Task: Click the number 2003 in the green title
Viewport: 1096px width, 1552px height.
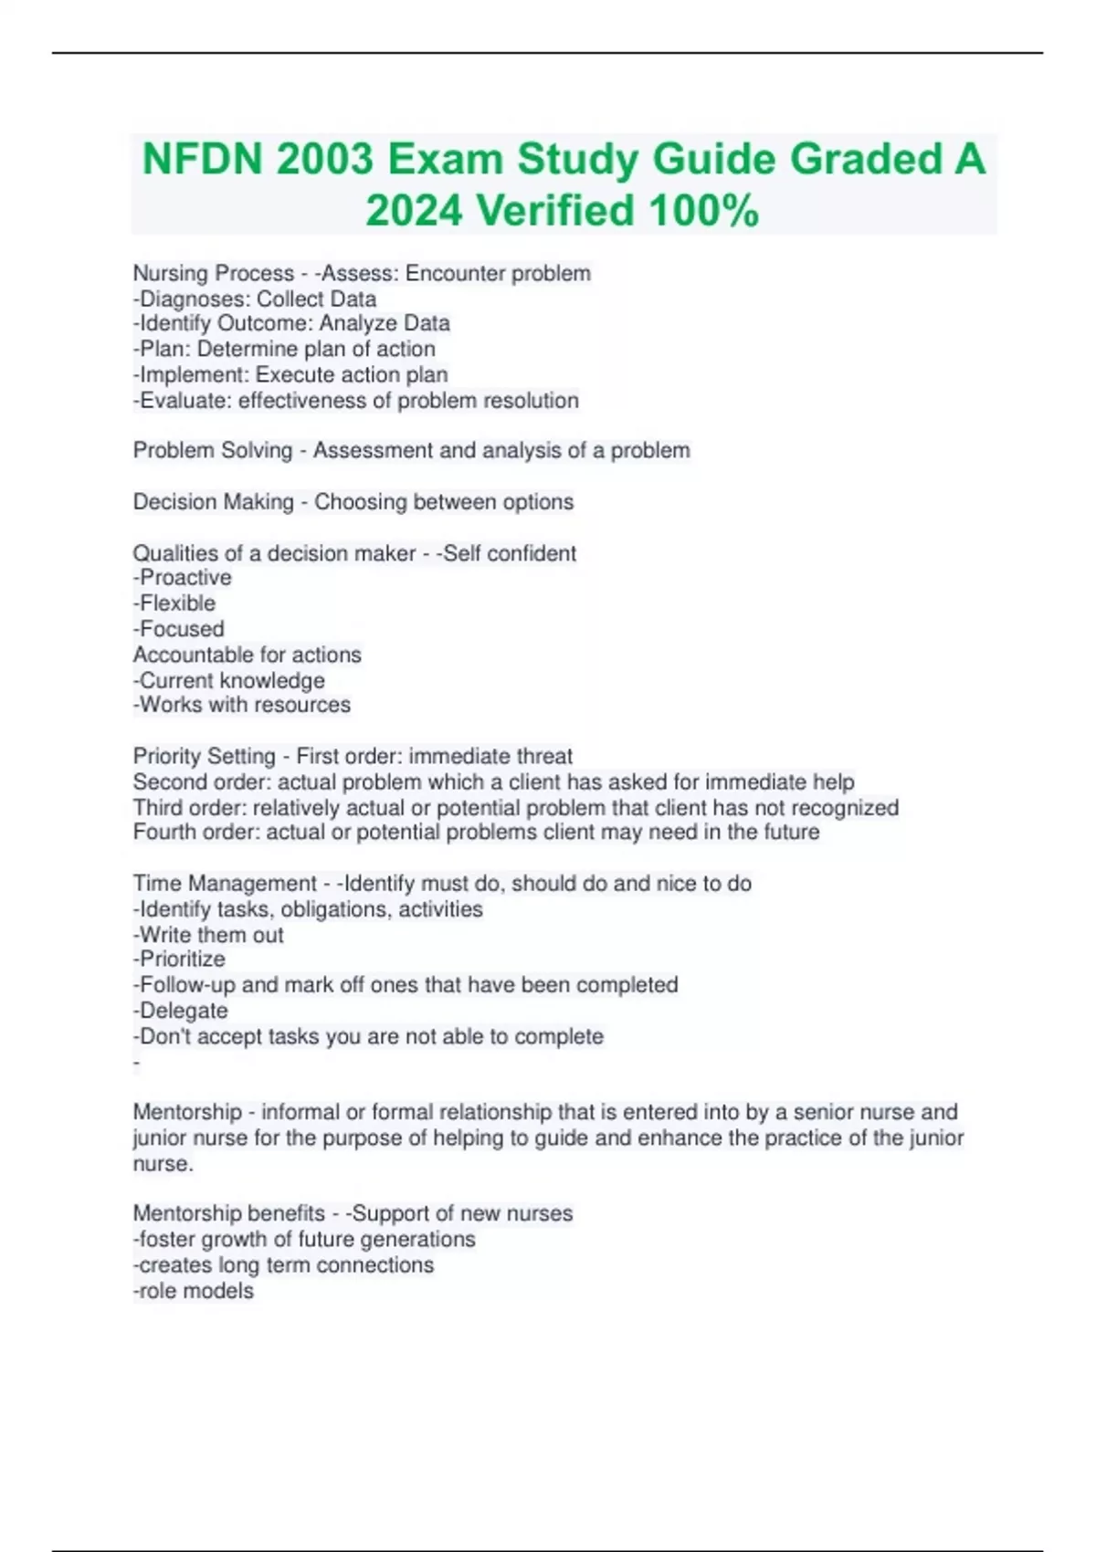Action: coord(324,160)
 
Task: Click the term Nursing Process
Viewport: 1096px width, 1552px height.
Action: coord(214,273)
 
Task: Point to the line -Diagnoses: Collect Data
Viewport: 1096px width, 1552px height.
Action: coord(255,299)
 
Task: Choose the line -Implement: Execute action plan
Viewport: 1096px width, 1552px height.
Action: coord(290,374)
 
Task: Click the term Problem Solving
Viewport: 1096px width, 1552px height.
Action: coord(213,450)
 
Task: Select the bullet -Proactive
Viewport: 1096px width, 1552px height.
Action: coord(183,577)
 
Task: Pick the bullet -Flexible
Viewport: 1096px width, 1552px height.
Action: coord(174,603)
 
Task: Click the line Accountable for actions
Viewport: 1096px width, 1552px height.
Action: coord(248,655)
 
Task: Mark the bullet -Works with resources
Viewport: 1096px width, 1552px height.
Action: coord(242,704)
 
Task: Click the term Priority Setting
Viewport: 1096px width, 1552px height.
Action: coord(205,756)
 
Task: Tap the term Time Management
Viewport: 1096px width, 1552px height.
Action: coord(225,883)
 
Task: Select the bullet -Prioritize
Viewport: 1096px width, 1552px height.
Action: coord(179,959)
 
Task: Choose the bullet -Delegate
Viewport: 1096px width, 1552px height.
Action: coord(181,1011)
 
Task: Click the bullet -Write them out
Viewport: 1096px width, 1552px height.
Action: coord(208,935)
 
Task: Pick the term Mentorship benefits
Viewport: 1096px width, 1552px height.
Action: coord(229,1213)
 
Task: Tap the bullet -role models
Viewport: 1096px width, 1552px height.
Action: coord(194,1290)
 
